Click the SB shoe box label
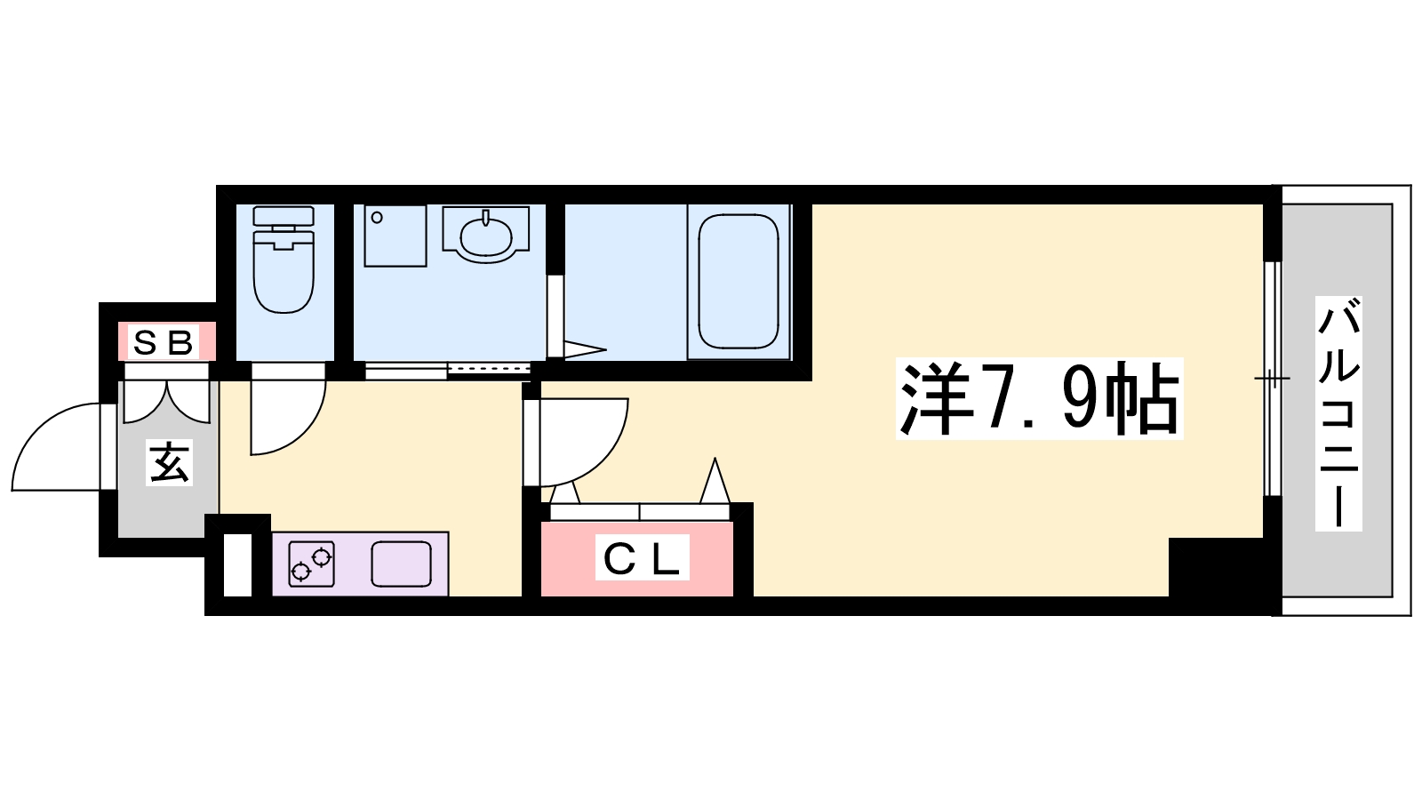pos(164,343)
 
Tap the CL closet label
pos(642,557)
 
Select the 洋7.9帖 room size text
pos(1039,398)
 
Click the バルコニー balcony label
pos(1338,413)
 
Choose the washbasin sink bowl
pos(486,236)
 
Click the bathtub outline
pos(739,281)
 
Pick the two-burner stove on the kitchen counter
pos(312,564)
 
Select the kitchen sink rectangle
pos(401,564)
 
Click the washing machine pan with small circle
pos(395,236)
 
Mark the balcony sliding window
pos(1272,379)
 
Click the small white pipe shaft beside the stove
pos(238,565)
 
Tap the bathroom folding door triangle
pos(585,350)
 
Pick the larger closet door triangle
pos(715,481)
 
